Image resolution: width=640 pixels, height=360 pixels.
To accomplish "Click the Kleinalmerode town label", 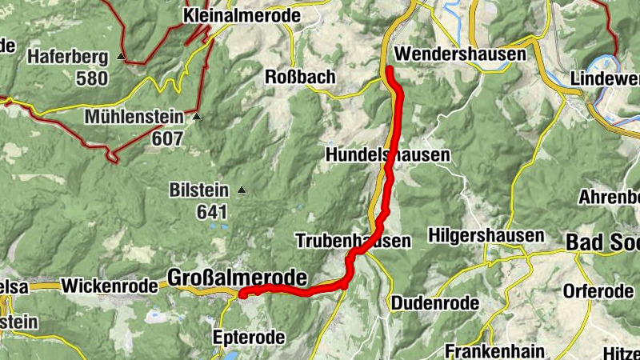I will tap(230, 15).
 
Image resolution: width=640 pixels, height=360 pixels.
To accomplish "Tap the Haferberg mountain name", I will tap(69, 57).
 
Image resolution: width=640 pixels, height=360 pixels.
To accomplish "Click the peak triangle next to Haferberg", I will tap(121, 57).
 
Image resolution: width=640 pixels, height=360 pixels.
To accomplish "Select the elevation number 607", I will tap(169, 138).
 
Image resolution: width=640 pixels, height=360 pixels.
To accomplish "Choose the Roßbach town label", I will tap(300, 77).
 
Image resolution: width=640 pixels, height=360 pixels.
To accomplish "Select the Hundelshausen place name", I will tap(388, 154).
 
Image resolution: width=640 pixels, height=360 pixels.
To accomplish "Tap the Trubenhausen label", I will tap(353, 240).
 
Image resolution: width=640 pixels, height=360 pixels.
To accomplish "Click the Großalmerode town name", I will tap(238, 278).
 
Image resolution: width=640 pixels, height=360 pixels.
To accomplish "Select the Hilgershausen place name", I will tap(486, 236).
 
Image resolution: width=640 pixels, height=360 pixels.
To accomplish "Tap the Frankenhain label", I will tap(495, 350).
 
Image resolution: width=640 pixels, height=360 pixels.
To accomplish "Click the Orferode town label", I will tap(598, 291).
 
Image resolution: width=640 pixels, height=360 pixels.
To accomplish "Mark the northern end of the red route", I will tap(390, 70).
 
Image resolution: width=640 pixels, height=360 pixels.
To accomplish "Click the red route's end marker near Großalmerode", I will tap(242, 294).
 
